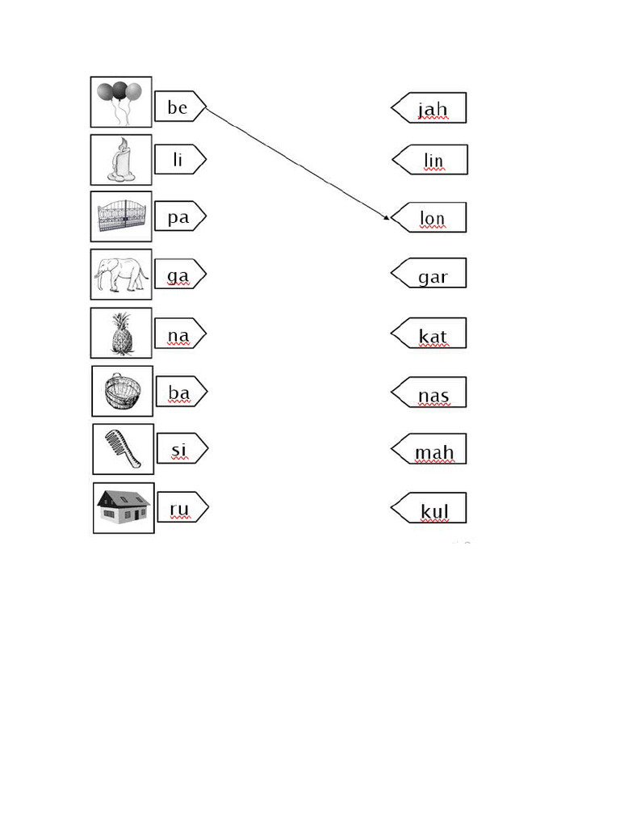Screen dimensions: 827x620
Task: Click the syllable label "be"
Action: pyautogui.click(x=178, y=107)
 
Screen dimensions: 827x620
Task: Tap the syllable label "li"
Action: pyautogui.click(x=178, y=160)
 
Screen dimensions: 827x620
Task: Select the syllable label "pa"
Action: pyautogui.click(x=178, y=216)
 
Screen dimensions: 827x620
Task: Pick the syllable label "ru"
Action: pyautogui.click(x=180, y=508)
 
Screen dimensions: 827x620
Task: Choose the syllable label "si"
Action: pyautogui.click(x=180, y=448)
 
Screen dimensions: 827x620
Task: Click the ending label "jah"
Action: pyautogui.click(x=432, y=108)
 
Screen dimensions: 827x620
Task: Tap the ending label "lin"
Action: pyautogui.click(x=433, y=161)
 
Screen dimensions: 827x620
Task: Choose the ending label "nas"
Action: pyautogui.click(x=433, y=394)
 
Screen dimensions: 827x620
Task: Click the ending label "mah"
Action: pyautogui.click(x=433, y=451)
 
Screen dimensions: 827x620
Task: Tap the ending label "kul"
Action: pyautogui.click(x=433, y=510)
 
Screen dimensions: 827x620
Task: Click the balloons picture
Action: pyautogui.click(x=120, y=102)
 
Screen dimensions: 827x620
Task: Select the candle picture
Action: pyautogui.click(x=121, y=160)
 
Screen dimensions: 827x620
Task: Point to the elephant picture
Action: pyautogui.click(x=121, y=274)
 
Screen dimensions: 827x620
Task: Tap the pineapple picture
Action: pyautogui.click(x=121, y=333)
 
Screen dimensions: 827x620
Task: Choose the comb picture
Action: pyautogui.click(x=123, y=448)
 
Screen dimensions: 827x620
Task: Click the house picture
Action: pyautogui.click(x=124, y=508)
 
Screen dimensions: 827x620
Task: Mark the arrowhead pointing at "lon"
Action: pyautogui.click(x=387, y=216)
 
